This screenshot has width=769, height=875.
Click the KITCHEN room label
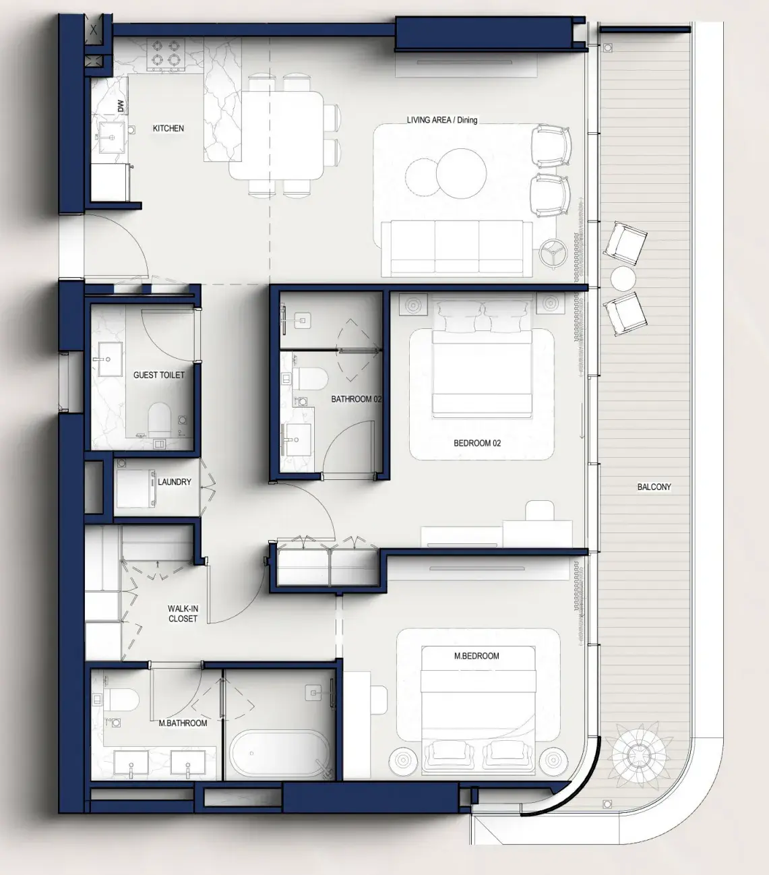168,128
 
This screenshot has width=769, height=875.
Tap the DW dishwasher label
121,106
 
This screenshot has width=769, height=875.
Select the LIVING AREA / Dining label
441,120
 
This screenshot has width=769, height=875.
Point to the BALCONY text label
654,487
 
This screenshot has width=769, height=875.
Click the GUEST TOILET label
158,375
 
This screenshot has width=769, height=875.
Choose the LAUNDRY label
174,482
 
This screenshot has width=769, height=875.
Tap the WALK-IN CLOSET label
183,613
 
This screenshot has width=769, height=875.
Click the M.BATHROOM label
183,723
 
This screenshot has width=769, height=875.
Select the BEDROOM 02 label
476,443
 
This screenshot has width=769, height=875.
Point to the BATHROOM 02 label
356,399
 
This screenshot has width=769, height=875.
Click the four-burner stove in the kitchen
166,54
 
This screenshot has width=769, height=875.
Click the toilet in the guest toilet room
160,417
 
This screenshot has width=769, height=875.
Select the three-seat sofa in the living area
456,247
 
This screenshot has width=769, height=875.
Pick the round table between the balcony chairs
623,279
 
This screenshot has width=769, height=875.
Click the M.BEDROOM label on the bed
476,655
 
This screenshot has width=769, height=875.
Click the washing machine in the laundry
135,489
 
